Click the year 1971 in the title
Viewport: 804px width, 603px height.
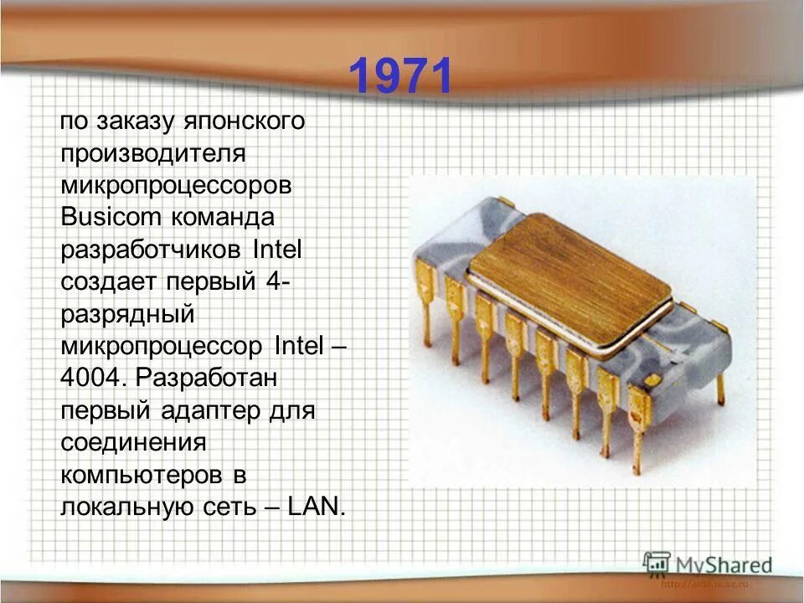[400, 77]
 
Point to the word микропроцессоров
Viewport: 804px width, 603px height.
[176, 185]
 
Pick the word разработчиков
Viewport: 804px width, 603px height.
[151, 250]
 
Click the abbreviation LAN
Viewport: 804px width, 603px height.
[315, 506]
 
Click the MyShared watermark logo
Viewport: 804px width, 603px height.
[709, 564]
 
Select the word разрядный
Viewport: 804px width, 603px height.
[127, 314]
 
